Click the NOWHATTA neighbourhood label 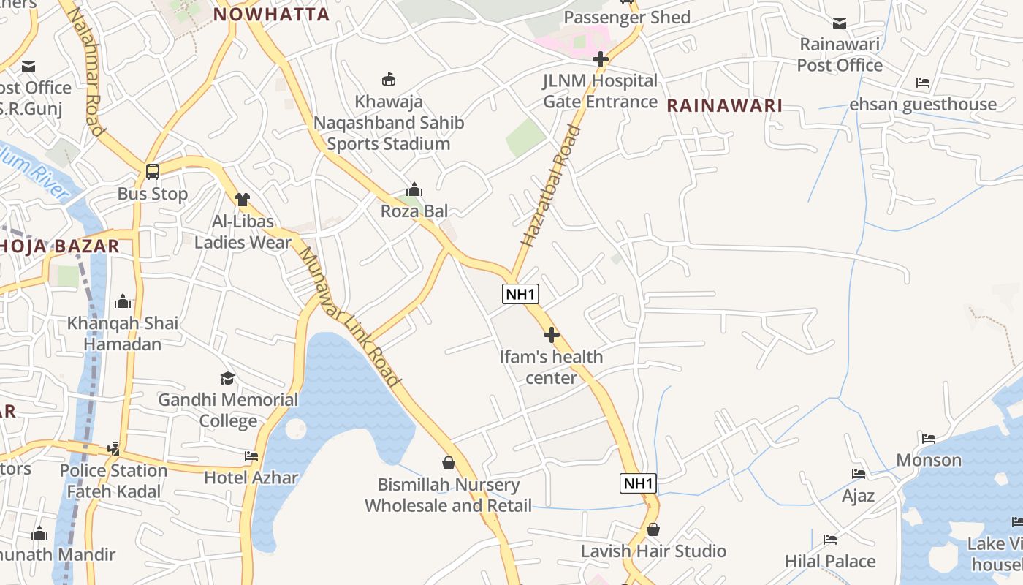pos(271,14)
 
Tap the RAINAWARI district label pos(724,105)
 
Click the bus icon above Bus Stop pos(153,172)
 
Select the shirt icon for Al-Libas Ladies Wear pos(243,199)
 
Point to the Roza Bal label pos(414,211)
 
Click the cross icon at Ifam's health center pos(552,335)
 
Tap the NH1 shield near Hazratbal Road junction pos(521,295)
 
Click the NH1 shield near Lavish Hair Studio pos(638,483)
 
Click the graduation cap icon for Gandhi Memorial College pos(228,378)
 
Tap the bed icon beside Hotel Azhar pos(251,456)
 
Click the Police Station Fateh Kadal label pos(113,480)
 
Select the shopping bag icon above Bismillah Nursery pos(449,463)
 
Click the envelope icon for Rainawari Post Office pos(840,23)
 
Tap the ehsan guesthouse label pos(922,105)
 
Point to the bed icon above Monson pos(929,439)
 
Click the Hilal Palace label pos(830,562)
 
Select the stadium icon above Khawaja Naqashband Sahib pos(389,79)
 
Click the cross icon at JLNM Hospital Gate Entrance pos(601,59)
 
